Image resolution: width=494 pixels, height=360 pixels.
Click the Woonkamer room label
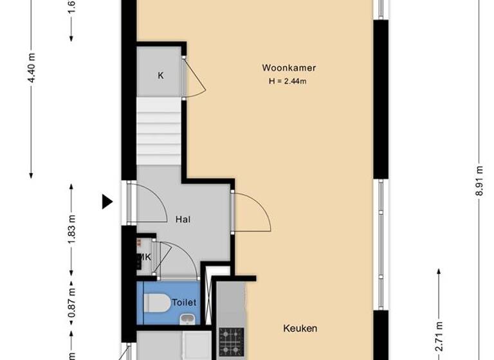[289, 67]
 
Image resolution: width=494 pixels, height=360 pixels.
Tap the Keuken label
[300, 328]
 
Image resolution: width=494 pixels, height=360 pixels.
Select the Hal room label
[183, 219]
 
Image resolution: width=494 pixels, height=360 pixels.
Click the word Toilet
[184, 302]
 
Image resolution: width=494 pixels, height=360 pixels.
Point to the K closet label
[161, 76]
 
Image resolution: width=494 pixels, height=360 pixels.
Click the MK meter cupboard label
[144, 257]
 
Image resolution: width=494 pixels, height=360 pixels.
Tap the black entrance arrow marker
[107, 203]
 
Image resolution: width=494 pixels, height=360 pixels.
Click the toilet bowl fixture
[158, 302]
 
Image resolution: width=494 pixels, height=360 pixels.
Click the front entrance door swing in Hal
[145, 201]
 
